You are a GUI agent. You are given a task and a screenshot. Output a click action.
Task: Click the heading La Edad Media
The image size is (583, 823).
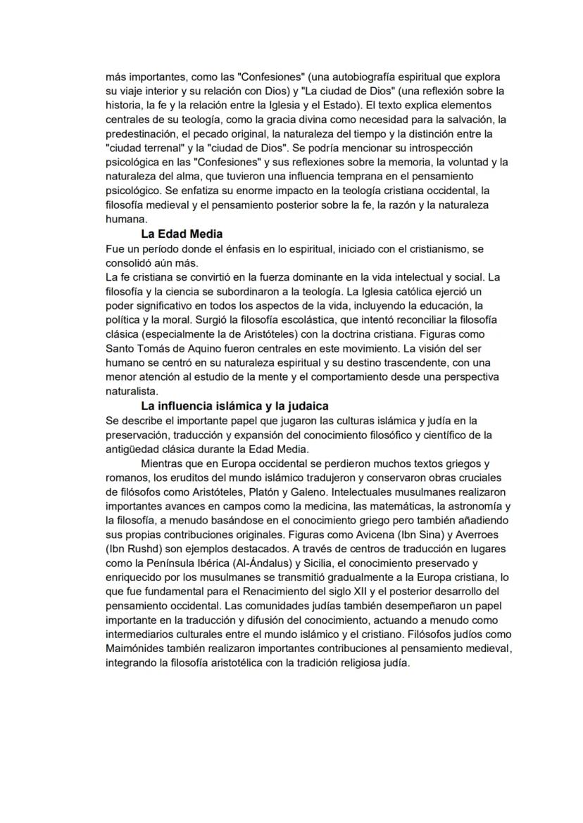[182, 234]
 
